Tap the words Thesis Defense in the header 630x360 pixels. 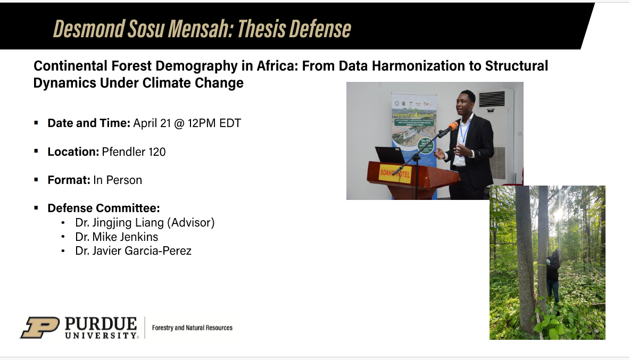[294, 29]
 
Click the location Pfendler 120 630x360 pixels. [134, 152]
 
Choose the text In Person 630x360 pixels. [118, 180]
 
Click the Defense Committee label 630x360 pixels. [104, 208]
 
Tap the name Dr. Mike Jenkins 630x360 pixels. [117, 237]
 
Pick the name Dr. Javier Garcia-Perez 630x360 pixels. [133, 250]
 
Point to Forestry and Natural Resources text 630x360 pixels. [192, 328]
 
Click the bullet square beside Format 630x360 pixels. [36, 180]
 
